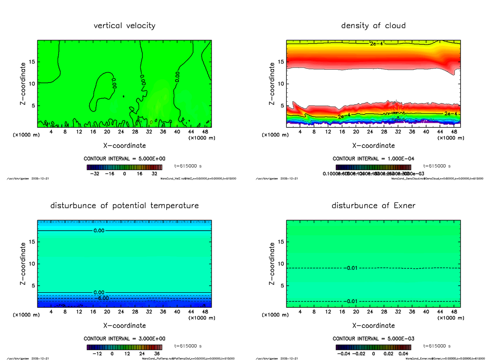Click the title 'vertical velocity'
pos(124,26)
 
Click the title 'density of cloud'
pos(373,26)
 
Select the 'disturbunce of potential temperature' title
pos(124,206)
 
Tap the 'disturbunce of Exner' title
pos(373,206)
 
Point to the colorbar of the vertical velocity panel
pos(124,168)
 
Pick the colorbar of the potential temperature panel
pos(124,348)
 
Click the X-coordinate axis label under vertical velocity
pos(124,146)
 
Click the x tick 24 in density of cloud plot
pos(370,132)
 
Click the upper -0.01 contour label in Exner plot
pos(351,268)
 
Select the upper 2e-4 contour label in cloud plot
pos(376,44)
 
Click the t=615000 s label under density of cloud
pos(437,166)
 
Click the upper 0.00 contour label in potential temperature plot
pos(100,231)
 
